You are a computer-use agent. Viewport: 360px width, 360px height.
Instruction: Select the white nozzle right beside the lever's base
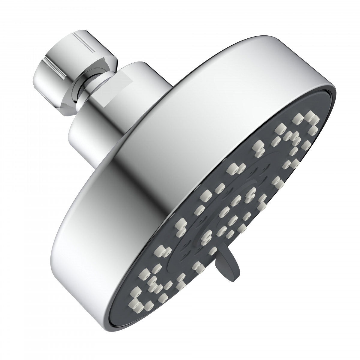[213, 251]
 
